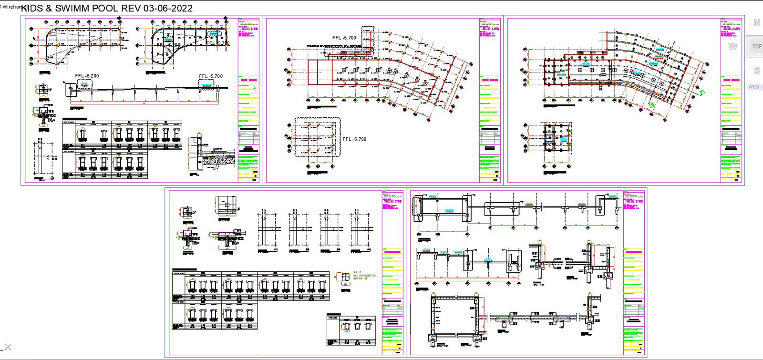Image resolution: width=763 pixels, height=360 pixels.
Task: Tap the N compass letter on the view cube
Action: (756, 22)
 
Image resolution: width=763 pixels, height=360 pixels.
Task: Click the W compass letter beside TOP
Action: (732, 46)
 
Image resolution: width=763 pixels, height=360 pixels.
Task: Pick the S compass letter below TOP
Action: (756, 71)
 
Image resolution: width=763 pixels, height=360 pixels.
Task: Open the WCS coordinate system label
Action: (753, 87)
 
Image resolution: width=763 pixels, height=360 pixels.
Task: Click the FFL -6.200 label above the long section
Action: (87, 76)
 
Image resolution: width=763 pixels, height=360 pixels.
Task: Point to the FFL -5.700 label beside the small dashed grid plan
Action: (354, 139)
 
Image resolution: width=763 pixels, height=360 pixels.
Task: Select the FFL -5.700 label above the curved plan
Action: (344, 38)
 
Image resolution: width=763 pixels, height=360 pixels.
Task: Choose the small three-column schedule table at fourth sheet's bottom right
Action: (351, 330)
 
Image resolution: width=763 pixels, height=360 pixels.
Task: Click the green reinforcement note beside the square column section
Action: (364, 277)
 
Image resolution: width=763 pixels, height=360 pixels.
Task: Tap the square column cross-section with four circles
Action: (342, 278)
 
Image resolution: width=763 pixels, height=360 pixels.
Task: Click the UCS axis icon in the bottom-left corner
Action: (6, 348)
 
